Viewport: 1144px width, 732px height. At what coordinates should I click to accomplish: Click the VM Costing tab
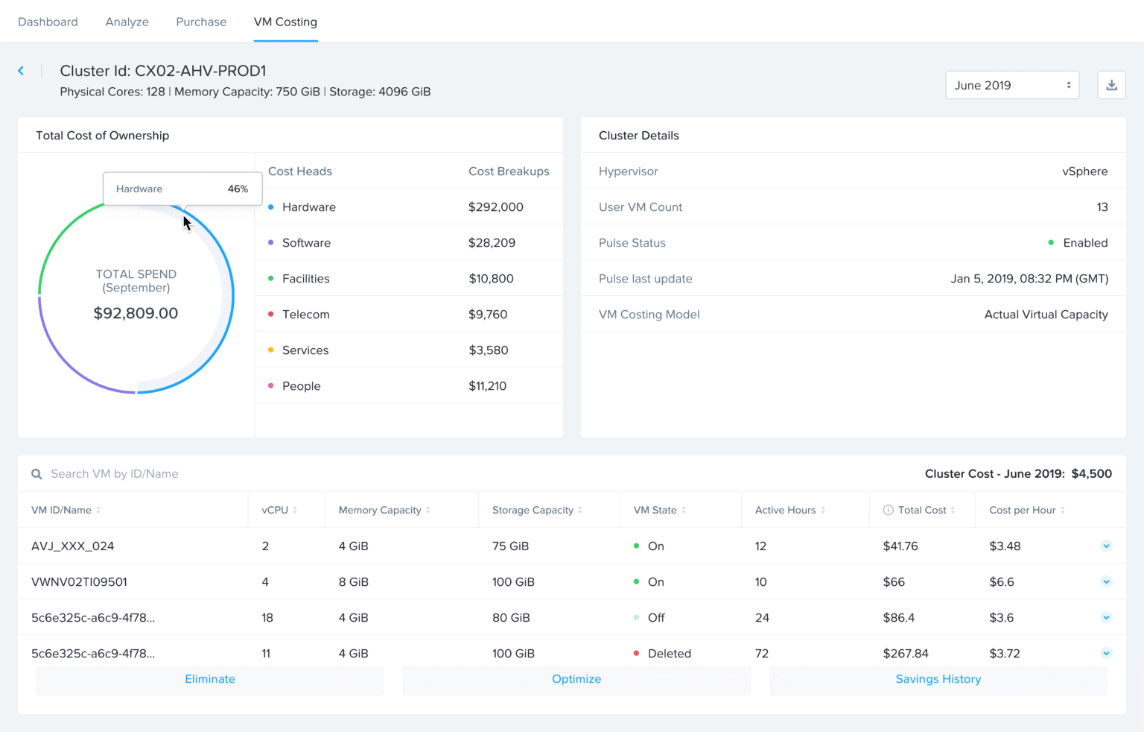click(285, 22)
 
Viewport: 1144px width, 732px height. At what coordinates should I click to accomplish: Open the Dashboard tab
click(48, 22)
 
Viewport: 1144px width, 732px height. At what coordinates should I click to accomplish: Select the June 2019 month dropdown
click(1012, 86)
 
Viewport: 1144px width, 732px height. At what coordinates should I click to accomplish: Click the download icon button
click(1111, 86)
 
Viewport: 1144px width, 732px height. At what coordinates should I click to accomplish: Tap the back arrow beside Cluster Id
click(21, 71)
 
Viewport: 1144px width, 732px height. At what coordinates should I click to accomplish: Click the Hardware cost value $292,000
click(495, 207)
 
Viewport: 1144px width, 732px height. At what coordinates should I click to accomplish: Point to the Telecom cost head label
click(305, 315)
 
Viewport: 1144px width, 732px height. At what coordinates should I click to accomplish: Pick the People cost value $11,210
click(487, 386)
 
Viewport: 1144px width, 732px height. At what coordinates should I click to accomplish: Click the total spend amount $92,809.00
click(136, 313)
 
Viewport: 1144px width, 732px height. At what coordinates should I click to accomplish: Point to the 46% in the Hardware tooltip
click(238, 189)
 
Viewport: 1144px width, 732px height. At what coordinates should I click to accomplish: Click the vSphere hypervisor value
click(1084, 171)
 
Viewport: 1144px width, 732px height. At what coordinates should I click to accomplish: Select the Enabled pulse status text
click(1085, 243)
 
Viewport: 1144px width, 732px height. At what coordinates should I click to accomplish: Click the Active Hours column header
click(785, 511)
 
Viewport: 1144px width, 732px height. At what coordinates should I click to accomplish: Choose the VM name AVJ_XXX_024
click(72, 546)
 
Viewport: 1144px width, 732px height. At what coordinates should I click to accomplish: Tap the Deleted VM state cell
click(669, 654)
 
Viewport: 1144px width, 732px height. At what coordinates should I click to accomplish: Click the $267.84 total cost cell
click(905, 654)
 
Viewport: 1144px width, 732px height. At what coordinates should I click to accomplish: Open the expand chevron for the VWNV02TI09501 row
click(1106, 582)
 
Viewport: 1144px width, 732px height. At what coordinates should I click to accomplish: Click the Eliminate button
click(210, 680)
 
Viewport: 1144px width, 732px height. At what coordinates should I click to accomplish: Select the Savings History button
click(938, 680)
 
